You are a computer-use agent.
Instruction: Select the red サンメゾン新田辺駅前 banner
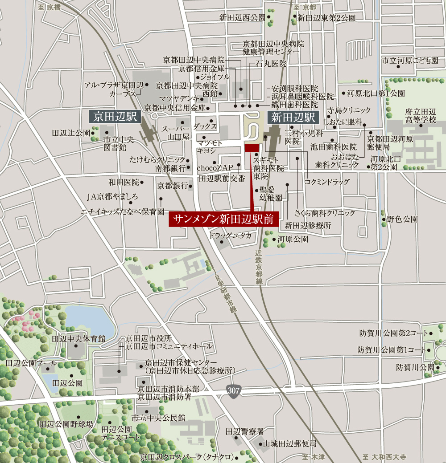(x=223, y=219)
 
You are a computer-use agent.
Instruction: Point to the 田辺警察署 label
(x=245, y=431)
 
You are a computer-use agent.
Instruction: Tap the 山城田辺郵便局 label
(x=289, y=444)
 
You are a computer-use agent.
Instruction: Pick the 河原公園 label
(x=293, y=239)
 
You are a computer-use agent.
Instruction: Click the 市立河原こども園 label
(x=410, y=60)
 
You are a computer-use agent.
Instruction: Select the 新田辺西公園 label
(x=242, y=18)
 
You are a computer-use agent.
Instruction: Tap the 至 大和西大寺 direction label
(x=384, y=457)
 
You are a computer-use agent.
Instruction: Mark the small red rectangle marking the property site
(x=252, y=148)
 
